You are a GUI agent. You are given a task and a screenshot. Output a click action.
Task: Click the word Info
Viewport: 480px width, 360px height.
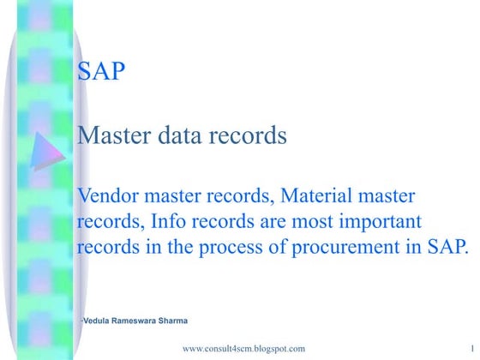pos(170,223)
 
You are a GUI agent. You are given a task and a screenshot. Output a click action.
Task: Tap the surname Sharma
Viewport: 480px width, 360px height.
pos(177,321)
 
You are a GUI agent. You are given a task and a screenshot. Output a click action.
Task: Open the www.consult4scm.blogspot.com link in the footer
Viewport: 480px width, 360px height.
pos(244,350)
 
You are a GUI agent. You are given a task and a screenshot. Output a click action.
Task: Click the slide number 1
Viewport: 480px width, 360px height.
pos(472,350)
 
